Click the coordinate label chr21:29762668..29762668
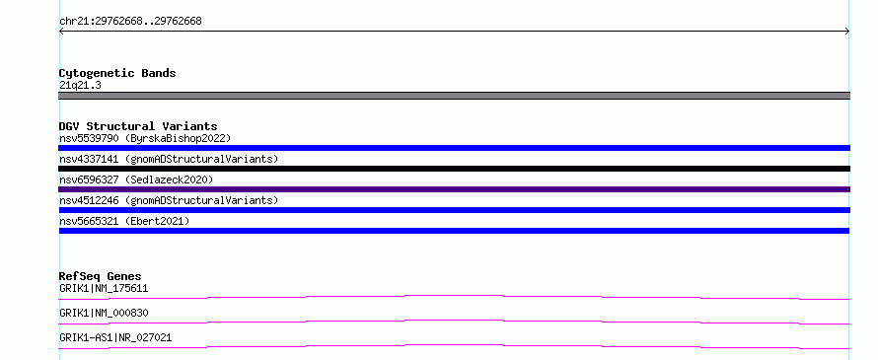point(130,22)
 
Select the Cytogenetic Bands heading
point(117,73)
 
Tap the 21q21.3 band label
point(80,86)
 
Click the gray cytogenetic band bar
point(454,96)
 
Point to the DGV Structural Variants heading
point(138,126)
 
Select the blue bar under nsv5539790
point(454,148)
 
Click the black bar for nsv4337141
point(454,169)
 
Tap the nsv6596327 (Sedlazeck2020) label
point(136,180)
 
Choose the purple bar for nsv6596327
point(454,189)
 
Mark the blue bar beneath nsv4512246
point(454,210)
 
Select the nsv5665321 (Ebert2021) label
point(124,221)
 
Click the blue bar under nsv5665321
point(454,231)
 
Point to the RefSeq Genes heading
point(101,276)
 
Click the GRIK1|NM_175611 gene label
point(104,288)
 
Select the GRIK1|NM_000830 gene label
point(104,313)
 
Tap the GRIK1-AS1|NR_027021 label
point(115,337)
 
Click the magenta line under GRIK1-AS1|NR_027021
point(454,345)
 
